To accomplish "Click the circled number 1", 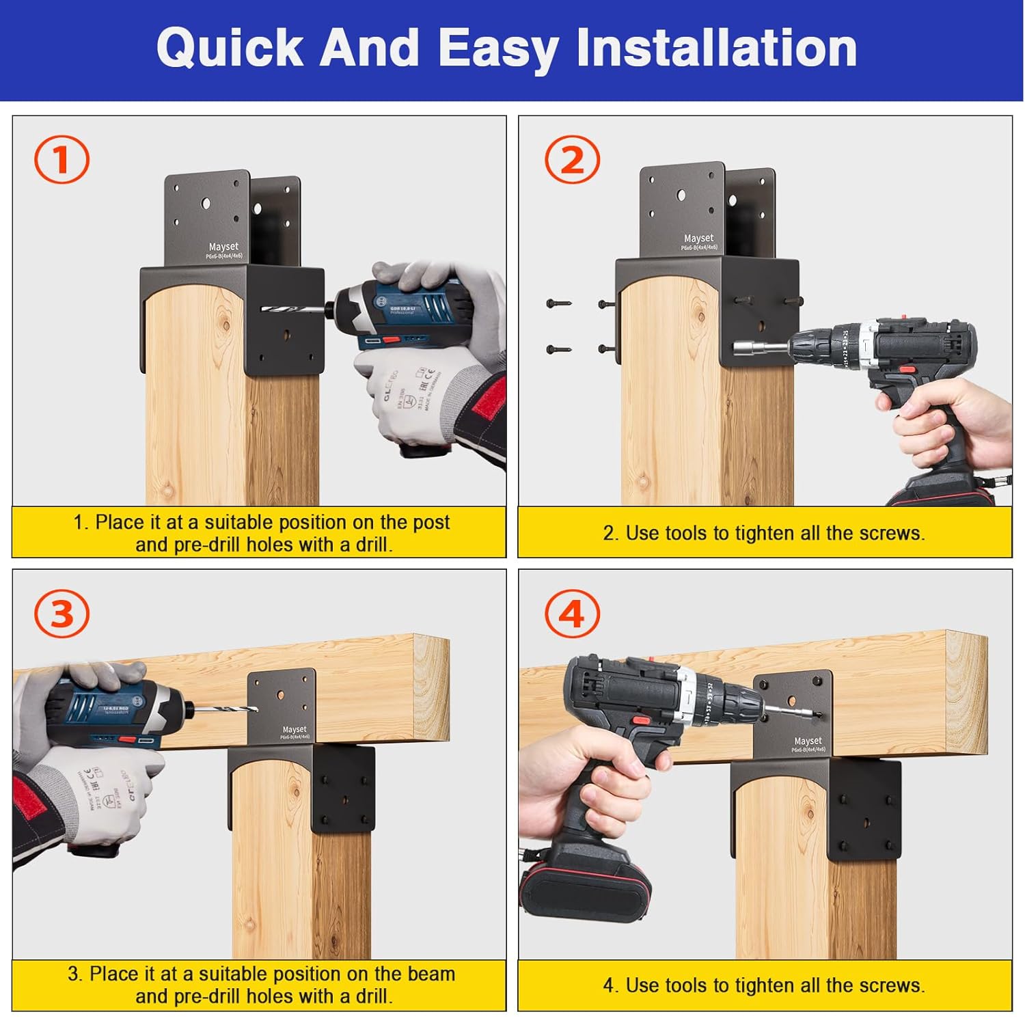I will click(61, 160).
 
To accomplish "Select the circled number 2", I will click(572, 160).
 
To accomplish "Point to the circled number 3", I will click(61, 613).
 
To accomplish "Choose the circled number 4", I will click(572, 613).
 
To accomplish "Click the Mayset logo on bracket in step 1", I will click(223, 247).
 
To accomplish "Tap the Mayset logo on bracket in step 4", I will click(808, 741).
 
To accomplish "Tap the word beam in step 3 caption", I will click(430, 974).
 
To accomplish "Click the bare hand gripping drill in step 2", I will click(957, 424).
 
